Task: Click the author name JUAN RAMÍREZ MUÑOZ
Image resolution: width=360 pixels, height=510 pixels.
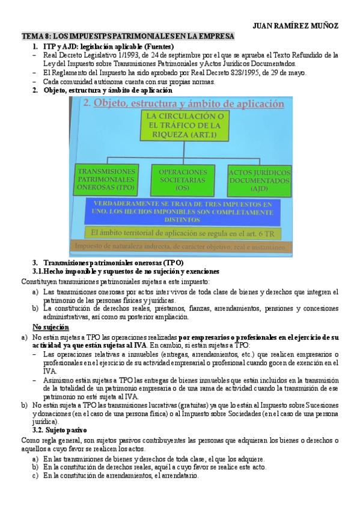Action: [x=296, y=26]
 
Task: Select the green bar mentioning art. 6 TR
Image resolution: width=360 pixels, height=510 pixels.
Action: [x=182, y=231]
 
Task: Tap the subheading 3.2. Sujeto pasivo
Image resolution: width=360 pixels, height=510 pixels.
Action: [x=59, y=431]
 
